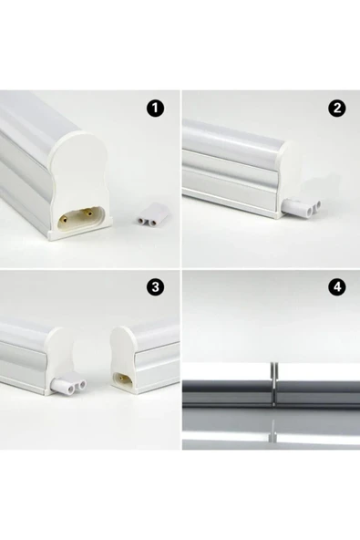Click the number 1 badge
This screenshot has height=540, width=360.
(156, 109)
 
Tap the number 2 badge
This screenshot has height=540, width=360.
(338, 109)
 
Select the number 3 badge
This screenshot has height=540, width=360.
(156, 287)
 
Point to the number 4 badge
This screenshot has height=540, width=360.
(338, 287)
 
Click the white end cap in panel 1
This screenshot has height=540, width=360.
(80, 182)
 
